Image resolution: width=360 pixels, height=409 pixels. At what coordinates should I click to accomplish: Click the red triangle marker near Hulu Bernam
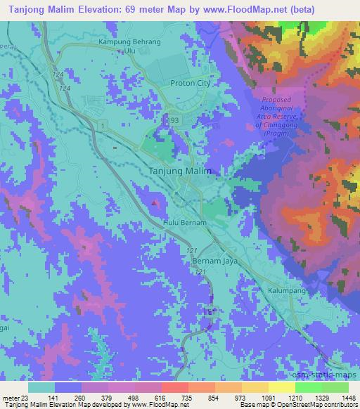154,204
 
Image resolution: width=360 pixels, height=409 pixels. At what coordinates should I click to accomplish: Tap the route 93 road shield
174,121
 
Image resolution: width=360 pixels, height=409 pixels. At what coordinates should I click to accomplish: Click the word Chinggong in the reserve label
288,125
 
